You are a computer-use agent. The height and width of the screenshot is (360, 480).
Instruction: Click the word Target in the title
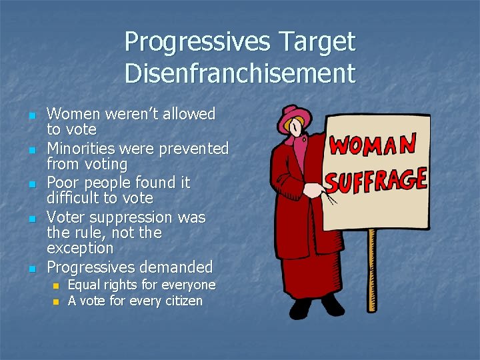coord(313,43)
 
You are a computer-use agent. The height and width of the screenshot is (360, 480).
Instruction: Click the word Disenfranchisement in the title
coord(240,73)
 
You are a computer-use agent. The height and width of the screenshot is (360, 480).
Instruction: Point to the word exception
coord(80,249)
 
